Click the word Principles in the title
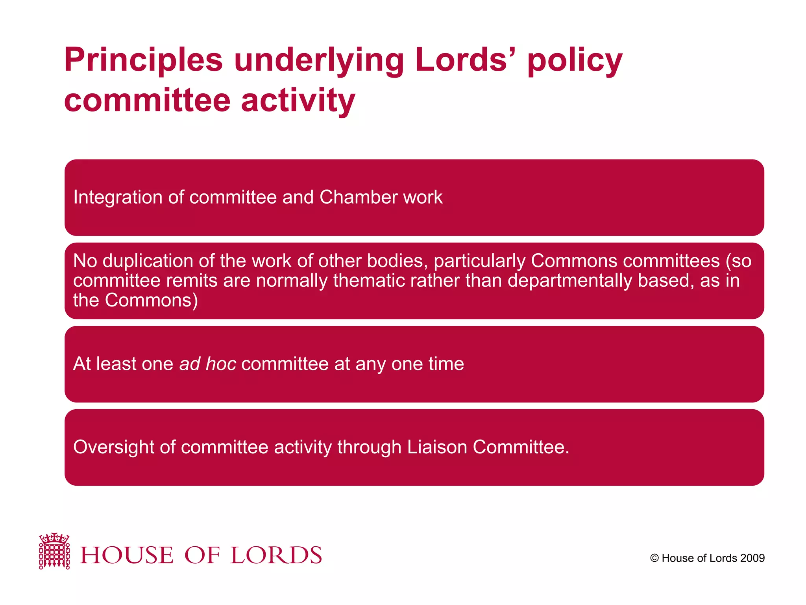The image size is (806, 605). coord(143,60)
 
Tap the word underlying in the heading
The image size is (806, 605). coord(319,60)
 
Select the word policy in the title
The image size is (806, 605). coord(575,60)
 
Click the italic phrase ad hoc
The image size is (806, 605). coord(208,364)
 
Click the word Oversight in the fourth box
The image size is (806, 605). coord(113,447)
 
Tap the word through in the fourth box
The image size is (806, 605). coord(369,447)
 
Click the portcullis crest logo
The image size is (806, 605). coord(54,551)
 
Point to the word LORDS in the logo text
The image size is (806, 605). coord(276,555)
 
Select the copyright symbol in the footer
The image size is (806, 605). coord(654,558)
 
